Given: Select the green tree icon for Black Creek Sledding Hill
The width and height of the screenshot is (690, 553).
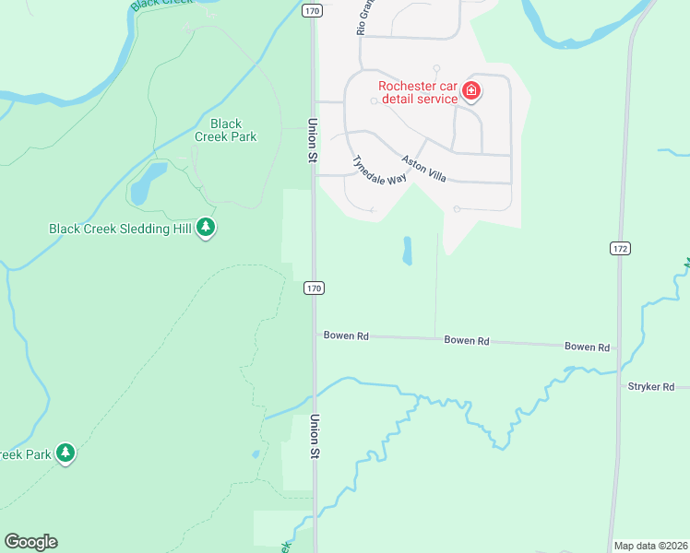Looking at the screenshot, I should (206, 227).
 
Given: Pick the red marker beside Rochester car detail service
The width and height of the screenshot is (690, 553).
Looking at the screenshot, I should (471, 90).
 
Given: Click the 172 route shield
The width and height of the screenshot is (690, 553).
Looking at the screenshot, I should (619, 249).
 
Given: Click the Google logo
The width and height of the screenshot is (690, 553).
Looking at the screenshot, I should (30, 542).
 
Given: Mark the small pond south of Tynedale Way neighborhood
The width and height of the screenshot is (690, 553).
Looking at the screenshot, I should (407, 251).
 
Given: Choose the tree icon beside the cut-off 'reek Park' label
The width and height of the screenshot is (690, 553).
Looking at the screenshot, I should (65, 453).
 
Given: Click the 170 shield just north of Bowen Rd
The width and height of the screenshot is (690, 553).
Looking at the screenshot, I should (314, 288).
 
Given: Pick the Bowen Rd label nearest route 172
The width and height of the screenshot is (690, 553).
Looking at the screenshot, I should (588, 347).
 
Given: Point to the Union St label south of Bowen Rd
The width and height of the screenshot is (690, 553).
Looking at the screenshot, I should (315, 437).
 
